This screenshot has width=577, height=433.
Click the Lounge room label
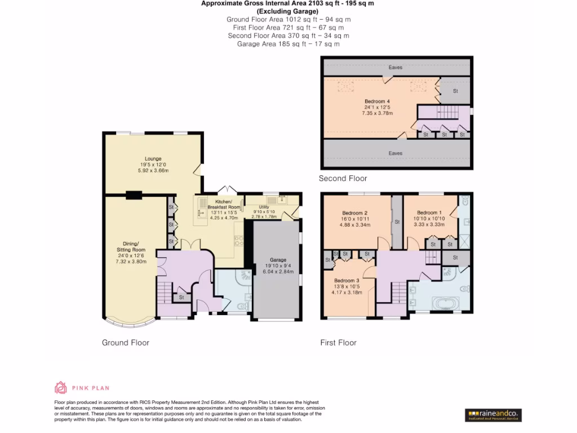(x=153, y=158)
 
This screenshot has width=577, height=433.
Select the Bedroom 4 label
(x=377, y=101)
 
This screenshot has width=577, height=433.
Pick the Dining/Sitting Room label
(x=131, y=246)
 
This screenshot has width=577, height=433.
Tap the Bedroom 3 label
(x=346, y=280)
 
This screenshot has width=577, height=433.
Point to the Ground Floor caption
(x=125, y=342)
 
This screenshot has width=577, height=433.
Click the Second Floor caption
(x=343, y=179)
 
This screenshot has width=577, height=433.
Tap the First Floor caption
(x=338, y=342)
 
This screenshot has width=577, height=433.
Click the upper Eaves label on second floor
(x=396, y=68)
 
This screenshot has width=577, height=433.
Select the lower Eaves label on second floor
(x=396, y=153)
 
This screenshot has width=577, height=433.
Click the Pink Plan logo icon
(x=60, y=387)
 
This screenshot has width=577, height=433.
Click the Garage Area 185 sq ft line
(x=288, y=43)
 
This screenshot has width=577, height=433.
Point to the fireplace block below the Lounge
(x=134, y=196)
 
